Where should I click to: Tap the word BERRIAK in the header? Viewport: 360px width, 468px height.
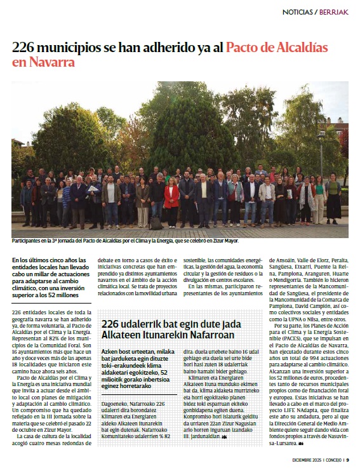pyautogui.click(x=333, y=12)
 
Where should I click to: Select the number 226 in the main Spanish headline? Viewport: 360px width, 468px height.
pyautogui.click(x=25, y=48)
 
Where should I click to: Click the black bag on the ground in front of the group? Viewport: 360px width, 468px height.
pyautogui.click(x=155, y=224)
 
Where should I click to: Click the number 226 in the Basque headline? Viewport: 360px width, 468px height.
pyautogui.click(x=111, y=323)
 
